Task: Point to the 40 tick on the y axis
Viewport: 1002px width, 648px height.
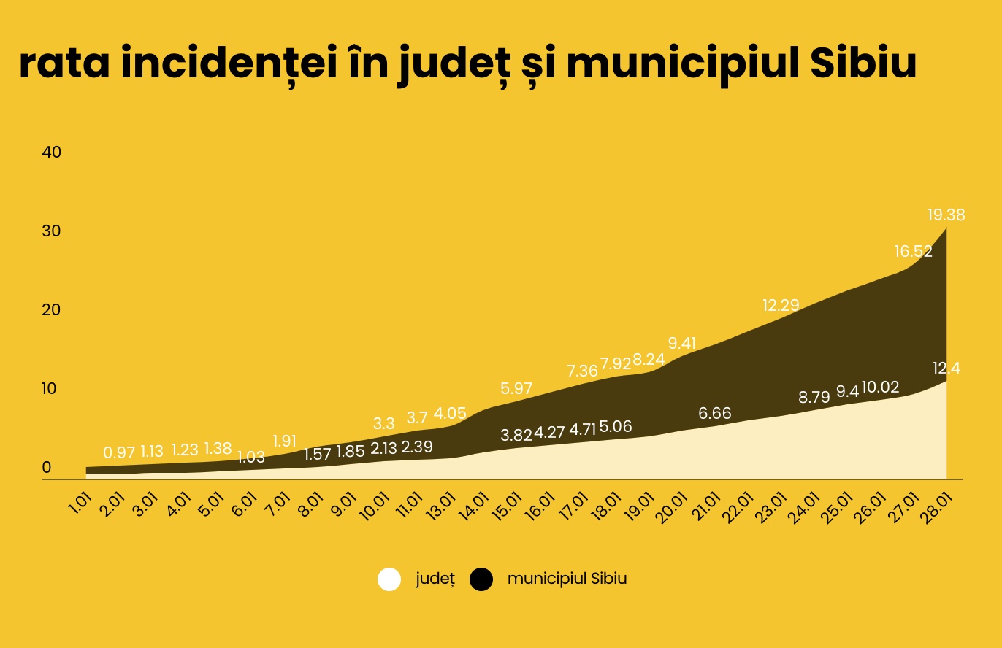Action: [x=52, y=153]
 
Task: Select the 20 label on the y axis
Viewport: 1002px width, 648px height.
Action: [x=52, y=310]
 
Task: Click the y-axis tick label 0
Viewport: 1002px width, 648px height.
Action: [x=47, y=468]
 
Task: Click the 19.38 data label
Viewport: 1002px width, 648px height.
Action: [x=946, y=215]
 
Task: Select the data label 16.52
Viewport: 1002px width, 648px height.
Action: [x=914, y=252]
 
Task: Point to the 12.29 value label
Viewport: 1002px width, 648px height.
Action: [x=781, y=305]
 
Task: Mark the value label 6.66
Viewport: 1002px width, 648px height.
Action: [x=715, y=414]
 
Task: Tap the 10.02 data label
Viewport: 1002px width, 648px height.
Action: [x=881, y=387]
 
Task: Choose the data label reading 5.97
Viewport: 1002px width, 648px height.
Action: [x=516, y=388]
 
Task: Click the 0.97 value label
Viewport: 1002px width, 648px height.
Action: [x=119, y=452]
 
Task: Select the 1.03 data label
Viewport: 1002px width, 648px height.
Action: [x=251, y=458]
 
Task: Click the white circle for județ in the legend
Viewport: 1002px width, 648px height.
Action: [x=389, y=579]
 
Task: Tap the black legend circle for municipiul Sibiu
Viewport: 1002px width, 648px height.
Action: [x=481, y=579]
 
